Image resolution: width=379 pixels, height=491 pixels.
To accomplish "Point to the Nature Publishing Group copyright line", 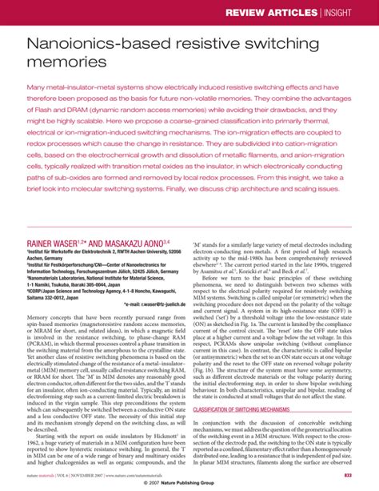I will coord(189,485).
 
